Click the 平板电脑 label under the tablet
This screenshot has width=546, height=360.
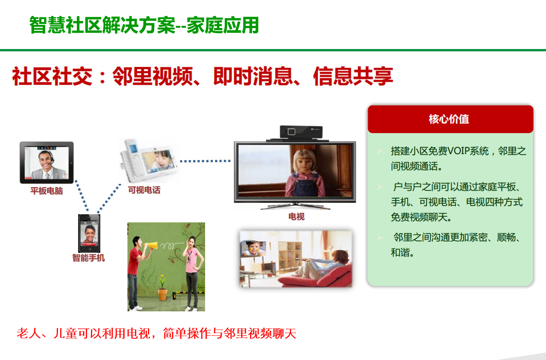tap(46, 190)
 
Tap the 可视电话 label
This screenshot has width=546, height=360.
tap(144, 190)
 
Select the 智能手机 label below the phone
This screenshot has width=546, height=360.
tap(89, 258)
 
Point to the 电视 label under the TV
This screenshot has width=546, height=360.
tap(296, 216)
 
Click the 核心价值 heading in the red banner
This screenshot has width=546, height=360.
tap(449, 119)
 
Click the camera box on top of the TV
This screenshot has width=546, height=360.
tap(301, 132)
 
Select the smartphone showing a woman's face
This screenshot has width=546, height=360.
tap(89, 233)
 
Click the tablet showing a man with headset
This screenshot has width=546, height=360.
tap(46, 162)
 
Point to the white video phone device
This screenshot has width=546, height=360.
tap(149, 161)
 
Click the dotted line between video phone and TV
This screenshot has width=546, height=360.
tap(205, 161)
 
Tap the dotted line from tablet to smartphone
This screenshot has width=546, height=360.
tap(82, 195)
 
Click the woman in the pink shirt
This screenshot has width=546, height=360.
tap(193, 273)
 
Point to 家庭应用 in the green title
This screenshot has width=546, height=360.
tap(222, 25)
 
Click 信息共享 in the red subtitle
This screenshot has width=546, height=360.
tap(353, 76)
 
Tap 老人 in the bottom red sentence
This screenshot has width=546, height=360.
tap(29, 333)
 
